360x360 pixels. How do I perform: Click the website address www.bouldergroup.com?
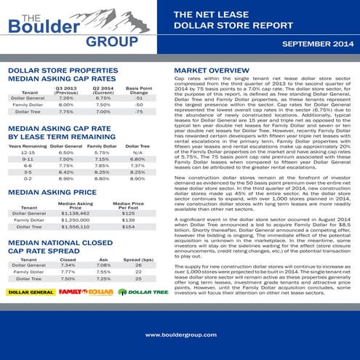click(180, 335)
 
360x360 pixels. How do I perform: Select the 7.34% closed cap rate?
click(68, 265)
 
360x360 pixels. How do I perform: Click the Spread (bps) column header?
click(137, 258)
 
